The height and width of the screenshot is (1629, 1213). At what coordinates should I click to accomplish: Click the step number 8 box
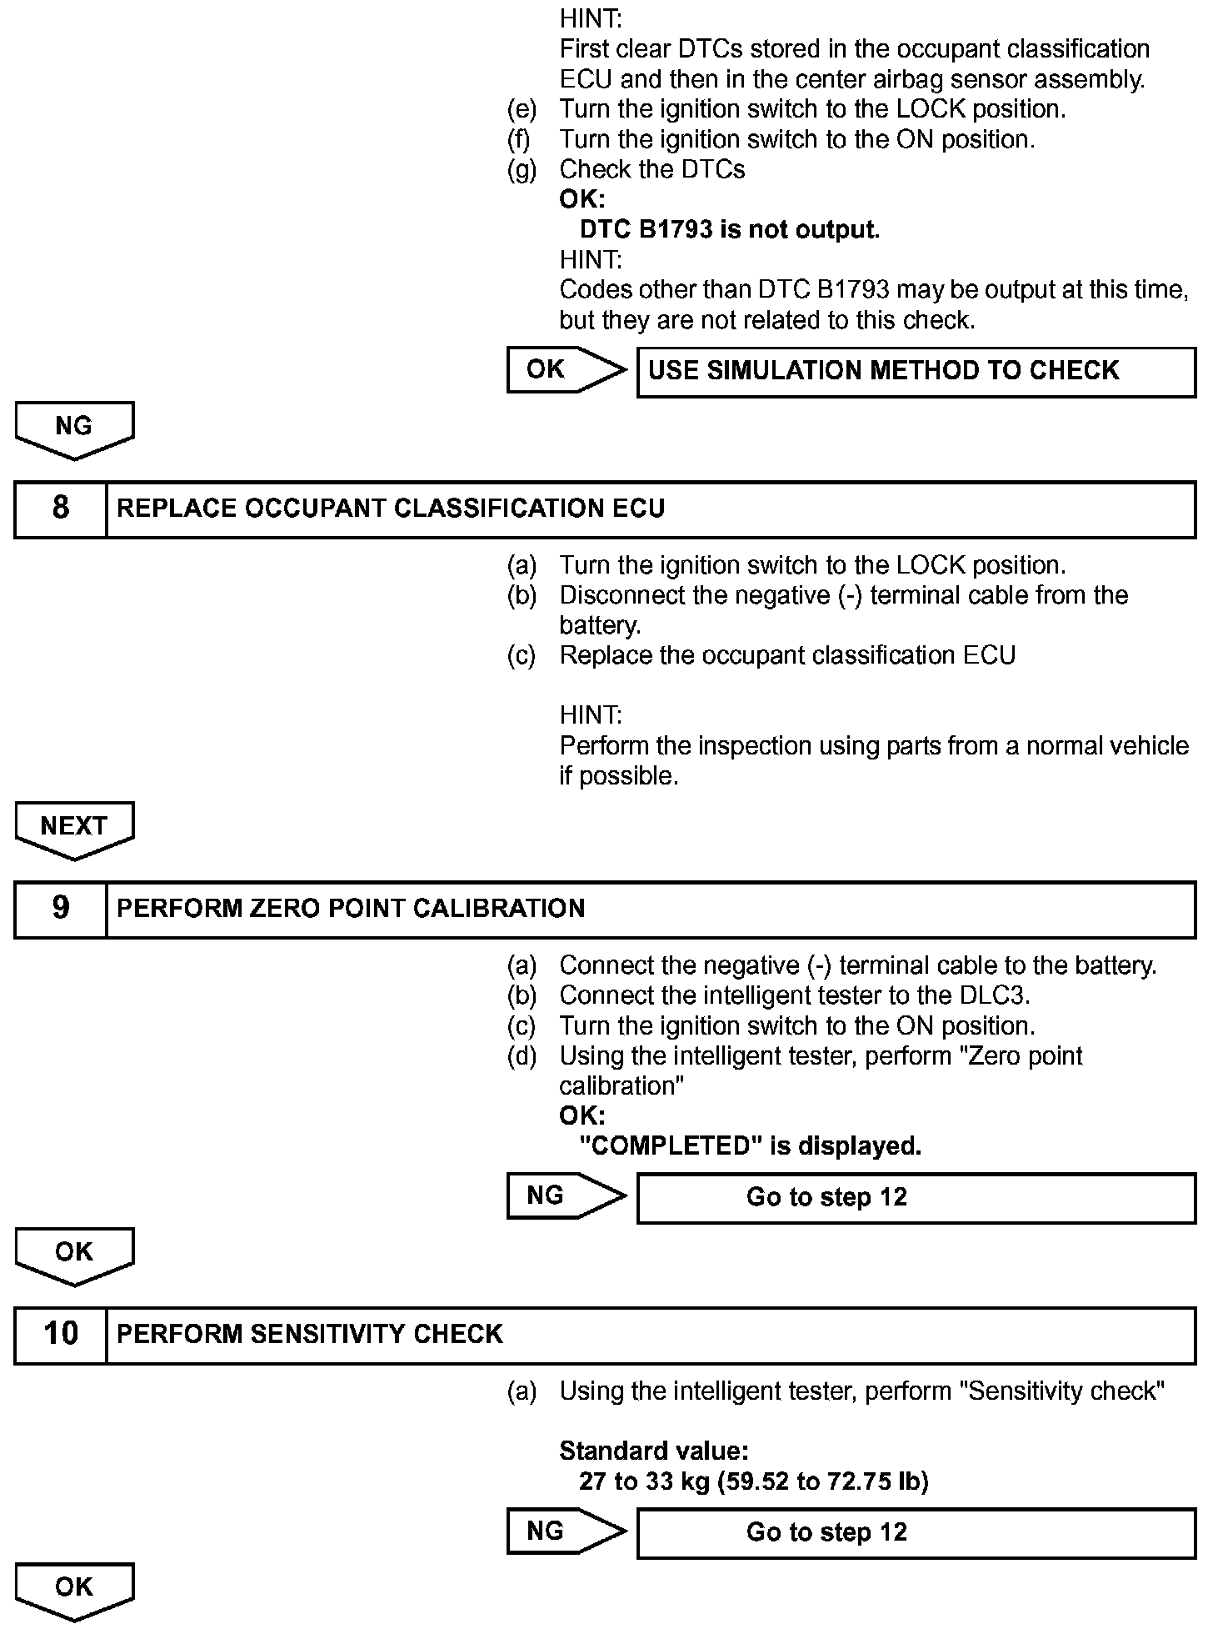[x=61, y=509]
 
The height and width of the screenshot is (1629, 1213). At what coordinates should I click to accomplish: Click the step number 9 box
[x=61, y=909]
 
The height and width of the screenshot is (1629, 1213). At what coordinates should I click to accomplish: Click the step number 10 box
[x=61, y=1334]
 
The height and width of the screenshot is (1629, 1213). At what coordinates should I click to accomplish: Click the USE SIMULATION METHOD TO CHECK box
[x=916, y=371]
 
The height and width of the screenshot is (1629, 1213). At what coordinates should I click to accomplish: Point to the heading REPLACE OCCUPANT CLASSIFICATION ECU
[x=391, y=509]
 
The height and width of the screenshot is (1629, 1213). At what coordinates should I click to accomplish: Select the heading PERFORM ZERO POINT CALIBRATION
[x=351, y=909]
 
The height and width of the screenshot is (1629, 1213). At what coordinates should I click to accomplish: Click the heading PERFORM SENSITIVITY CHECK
[x=310, y=1334]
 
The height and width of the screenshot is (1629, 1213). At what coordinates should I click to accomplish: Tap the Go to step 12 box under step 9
[x=916, y=1198]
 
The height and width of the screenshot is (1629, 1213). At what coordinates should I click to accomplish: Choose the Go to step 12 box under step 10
[x=916, y=1533]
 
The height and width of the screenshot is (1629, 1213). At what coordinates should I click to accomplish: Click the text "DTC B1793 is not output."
[x=730, y=229]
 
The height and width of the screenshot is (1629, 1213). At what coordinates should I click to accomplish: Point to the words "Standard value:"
[x=654, y=1451]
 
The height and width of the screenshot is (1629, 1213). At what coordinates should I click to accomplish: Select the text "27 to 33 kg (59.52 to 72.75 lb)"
[x=754, y=1481]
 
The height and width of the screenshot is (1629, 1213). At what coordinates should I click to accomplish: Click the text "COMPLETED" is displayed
[x=751, y=1146]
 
